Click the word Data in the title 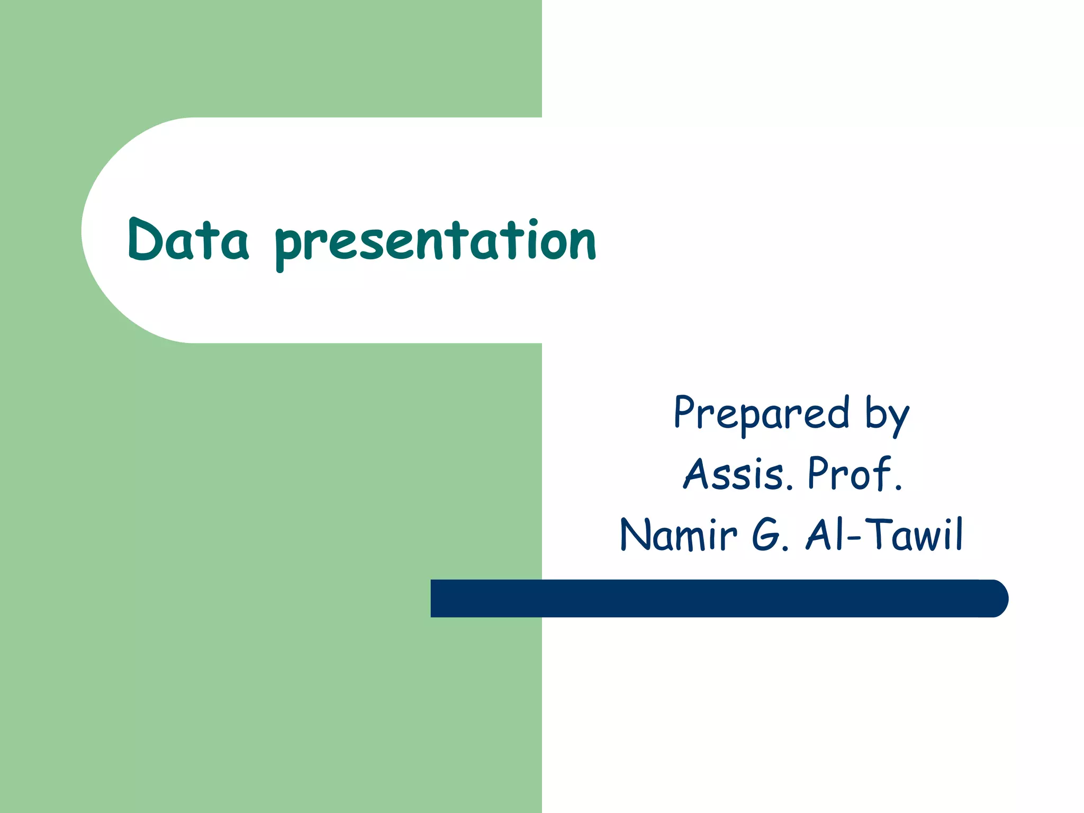188,241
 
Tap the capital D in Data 143,239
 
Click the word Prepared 761,414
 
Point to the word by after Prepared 887,415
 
